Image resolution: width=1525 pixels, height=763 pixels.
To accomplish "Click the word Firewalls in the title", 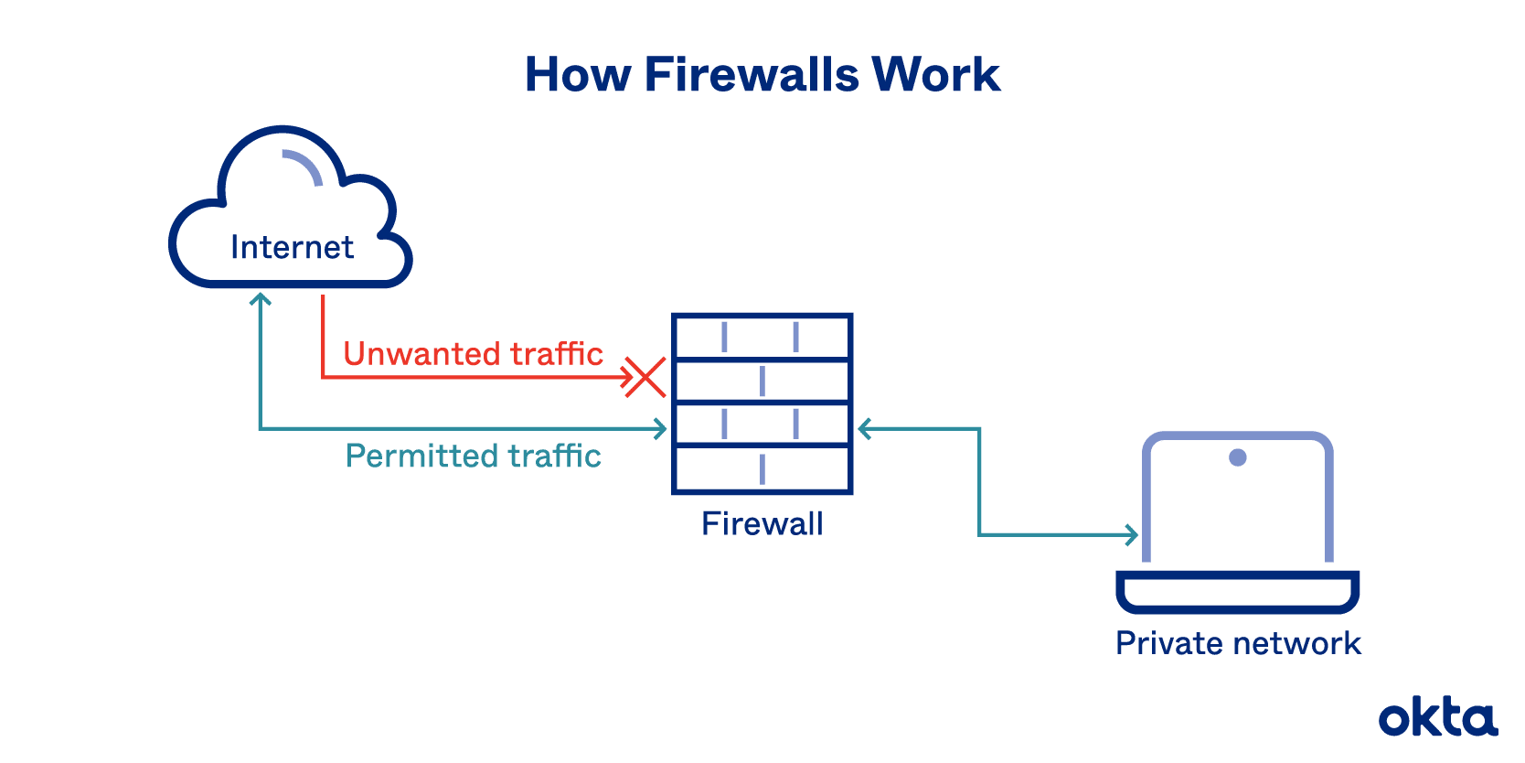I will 752,75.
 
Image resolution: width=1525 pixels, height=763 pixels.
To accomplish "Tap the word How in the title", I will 577,75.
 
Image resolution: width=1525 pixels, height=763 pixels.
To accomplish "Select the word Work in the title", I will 936,75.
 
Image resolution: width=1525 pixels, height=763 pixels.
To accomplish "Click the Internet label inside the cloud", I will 292,248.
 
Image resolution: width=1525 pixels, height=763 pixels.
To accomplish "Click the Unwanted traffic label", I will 473,354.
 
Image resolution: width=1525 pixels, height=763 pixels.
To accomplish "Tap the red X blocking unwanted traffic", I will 645,377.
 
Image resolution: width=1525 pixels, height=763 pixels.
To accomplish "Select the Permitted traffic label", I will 473,456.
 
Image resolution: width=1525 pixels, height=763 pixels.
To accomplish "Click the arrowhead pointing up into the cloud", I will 261,298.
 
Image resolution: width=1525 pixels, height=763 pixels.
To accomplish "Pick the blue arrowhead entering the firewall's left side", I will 660,428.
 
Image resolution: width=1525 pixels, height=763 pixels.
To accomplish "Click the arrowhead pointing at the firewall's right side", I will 864,428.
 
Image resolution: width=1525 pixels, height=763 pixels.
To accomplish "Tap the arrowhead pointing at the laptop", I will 1132,534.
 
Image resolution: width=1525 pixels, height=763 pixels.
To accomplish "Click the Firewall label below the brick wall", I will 762,524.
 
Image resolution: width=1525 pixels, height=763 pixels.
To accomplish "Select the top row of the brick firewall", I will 762,337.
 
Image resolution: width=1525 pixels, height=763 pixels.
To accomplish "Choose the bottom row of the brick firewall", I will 762,469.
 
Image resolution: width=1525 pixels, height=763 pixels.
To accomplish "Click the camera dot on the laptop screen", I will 1238,457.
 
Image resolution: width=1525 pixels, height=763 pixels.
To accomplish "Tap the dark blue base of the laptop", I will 1238,592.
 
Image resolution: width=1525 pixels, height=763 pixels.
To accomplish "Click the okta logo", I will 1437,718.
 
